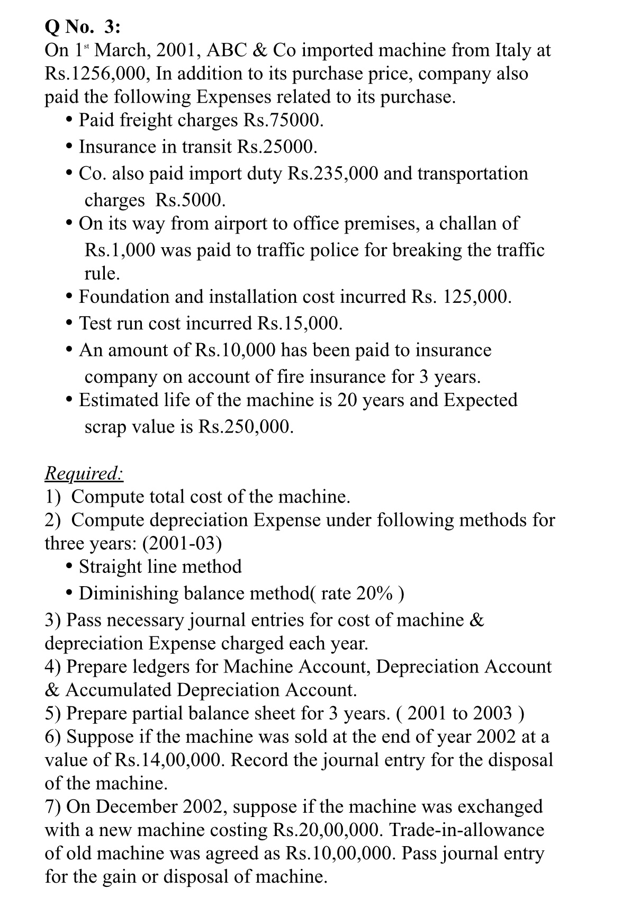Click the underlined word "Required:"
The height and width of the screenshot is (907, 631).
(84, 473)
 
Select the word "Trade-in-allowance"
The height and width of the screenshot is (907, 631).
(466, 830)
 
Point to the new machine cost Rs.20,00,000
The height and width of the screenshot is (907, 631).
(328, 830)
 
